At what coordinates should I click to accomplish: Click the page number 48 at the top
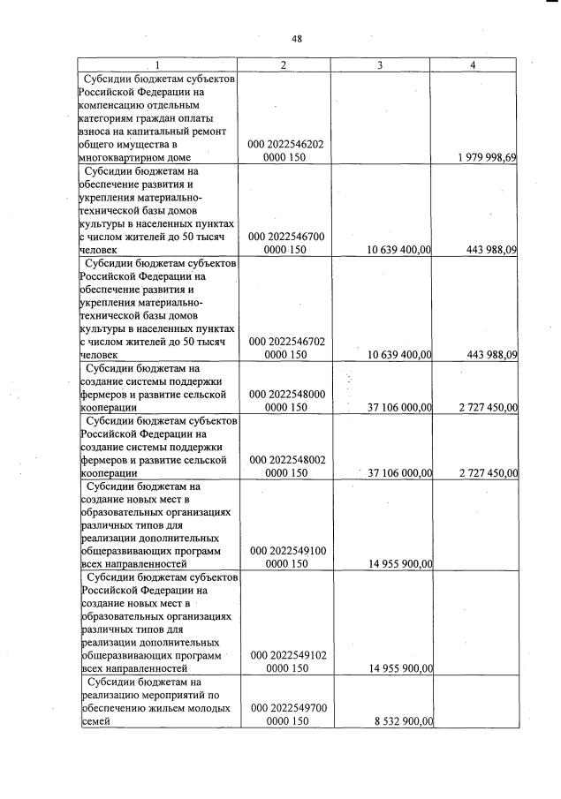point(297,38)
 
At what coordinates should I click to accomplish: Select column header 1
point(158,65)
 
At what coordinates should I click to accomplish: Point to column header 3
point(380,65)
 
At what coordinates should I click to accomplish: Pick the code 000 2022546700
point(288,237)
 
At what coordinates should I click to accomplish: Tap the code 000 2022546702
point(288,340)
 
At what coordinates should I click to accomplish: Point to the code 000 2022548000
point(288,394)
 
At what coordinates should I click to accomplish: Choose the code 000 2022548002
point(288,459)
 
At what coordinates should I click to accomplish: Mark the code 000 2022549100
point(288,551)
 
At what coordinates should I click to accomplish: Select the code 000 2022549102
point(288,655)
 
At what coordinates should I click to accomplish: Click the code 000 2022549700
point(288,708)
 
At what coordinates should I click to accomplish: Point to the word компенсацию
point(115,104)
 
